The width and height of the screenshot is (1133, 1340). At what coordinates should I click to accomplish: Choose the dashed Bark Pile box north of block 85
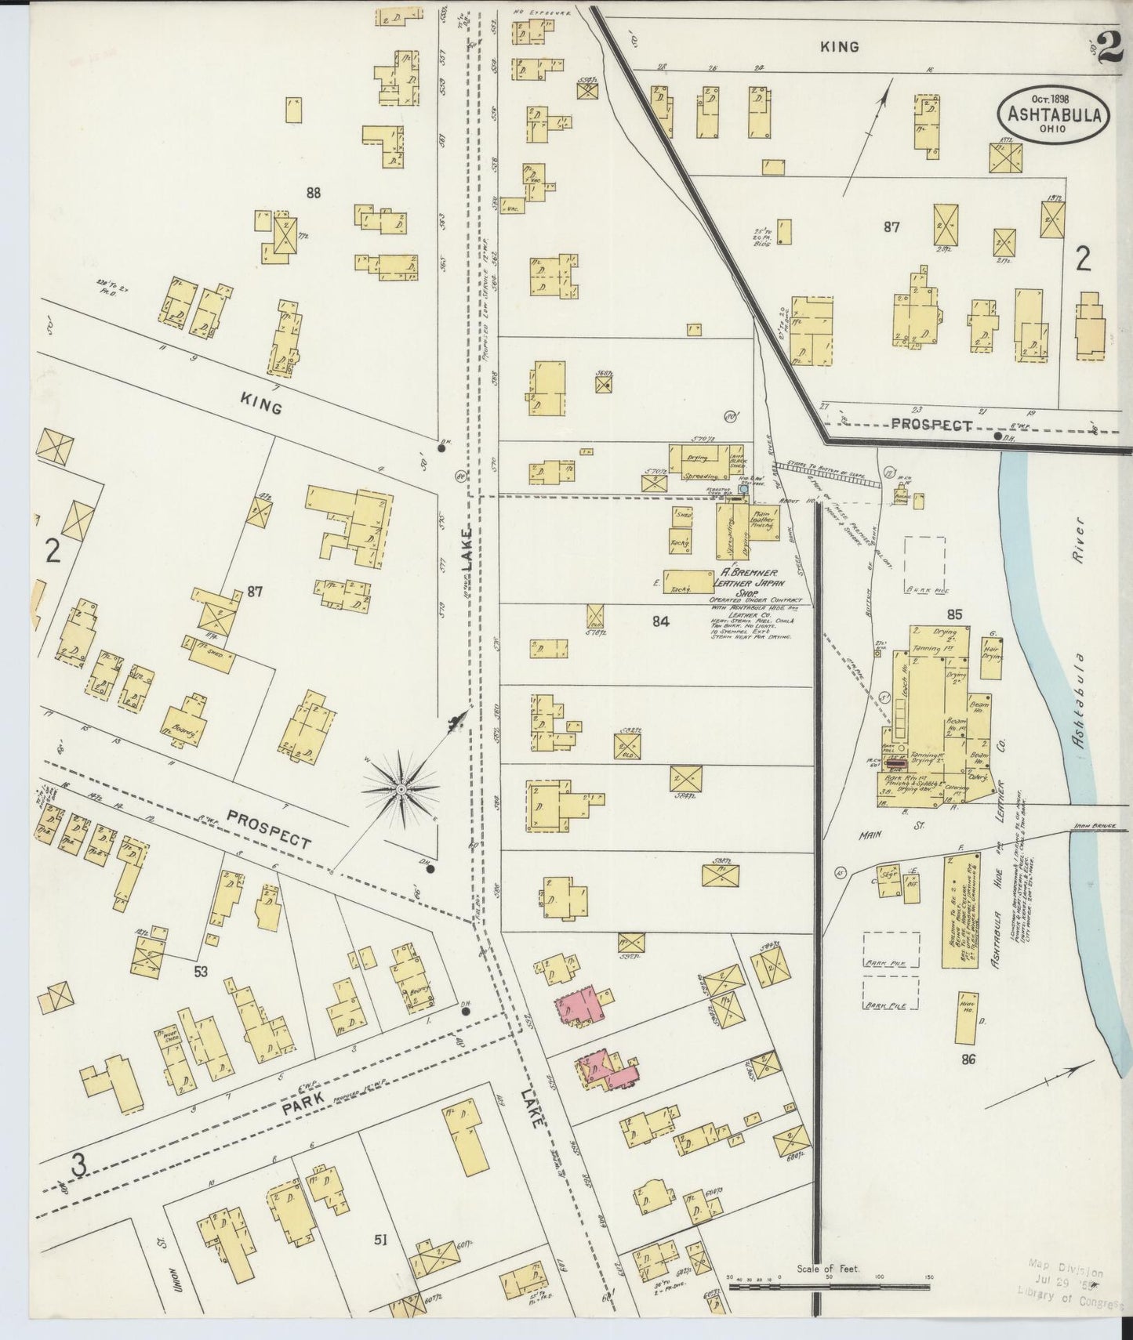click(924, 560)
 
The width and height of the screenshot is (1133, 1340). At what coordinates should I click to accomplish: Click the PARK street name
click(305, 1111)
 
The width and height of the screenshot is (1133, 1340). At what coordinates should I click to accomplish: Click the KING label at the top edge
click(839, 47)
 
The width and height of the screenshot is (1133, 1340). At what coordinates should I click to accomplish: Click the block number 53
click(201, 972)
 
